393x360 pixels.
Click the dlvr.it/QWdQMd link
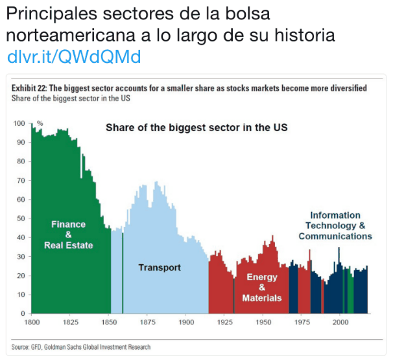pos(74,57)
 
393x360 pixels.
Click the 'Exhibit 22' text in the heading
pos(29,88)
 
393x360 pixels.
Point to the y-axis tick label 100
pos(19,123)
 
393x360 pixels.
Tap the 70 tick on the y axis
pos(21,180)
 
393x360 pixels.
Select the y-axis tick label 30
pos(21,257)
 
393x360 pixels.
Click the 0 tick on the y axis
pos(23,313)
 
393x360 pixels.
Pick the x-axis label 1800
pos(32,322)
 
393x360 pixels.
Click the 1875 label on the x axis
pos(148,322)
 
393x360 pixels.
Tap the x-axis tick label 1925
pos(225,322)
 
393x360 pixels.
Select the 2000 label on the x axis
pos(340,322)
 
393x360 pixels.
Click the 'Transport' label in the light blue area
pos(160,268)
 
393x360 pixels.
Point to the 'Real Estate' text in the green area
pos(69,245)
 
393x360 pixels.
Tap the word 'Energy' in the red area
pos(262,277)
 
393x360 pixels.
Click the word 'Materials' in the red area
pos(262,298)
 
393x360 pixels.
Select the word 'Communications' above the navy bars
pos(335,236)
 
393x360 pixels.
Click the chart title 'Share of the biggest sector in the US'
pos(196,128)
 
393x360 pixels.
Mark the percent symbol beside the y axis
pos(40,123)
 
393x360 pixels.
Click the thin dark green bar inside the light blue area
pos(123,273)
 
